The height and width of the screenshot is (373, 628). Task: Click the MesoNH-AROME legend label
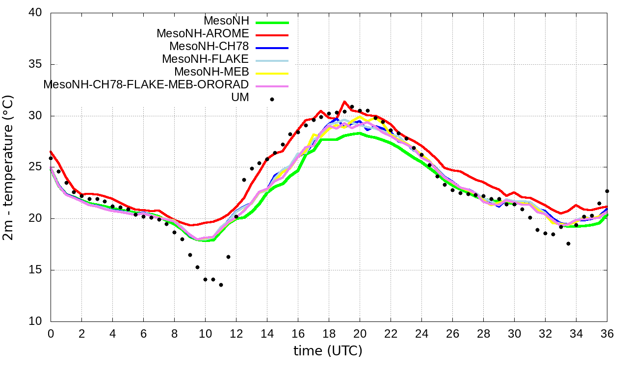203,34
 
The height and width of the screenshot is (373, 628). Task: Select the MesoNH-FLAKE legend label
206,59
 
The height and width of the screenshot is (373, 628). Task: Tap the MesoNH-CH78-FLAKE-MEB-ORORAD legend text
146,84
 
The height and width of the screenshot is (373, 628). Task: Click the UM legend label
240,97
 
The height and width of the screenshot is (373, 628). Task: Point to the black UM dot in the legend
272,99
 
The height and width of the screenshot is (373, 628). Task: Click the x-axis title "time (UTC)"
328,351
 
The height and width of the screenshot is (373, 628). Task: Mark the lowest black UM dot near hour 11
221,285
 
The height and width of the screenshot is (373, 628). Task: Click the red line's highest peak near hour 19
344,102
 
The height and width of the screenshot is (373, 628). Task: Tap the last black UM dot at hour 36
607,191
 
